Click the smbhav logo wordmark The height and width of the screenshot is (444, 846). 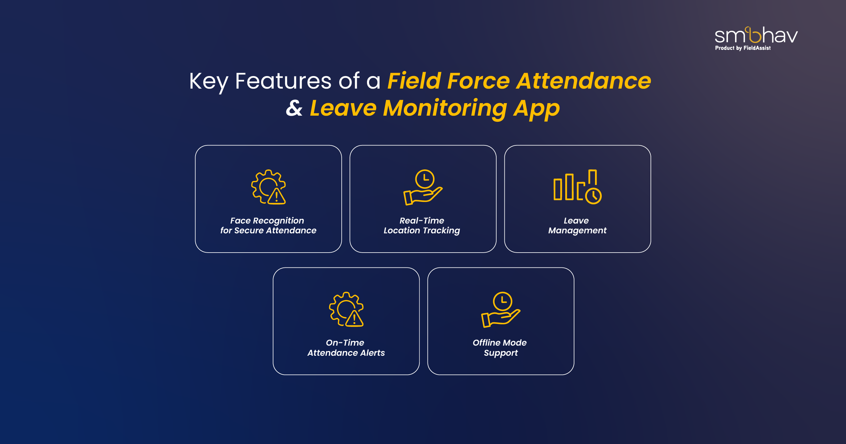(756, 35)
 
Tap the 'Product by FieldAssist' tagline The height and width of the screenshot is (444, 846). (743, 48)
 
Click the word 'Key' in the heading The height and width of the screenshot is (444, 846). (209, 81)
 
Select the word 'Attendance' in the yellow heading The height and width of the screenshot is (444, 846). (584, 81)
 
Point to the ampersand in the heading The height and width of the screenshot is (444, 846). (294, 108)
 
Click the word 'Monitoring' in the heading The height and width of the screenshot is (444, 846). (445, 109)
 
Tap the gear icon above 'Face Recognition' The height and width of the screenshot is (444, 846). (268, 187)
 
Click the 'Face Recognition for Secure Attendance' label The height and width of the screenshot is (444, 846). (268, 226)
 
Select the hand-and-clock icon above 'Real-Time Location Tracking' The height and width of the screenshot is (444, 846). (423, 187)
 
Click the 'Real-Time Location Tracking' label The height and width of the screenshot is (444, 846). (422, 226)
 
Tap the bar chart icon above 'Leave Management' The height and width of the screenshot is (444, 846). (577, 187)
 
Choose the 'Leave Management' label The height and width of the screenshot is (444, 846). (577, 226)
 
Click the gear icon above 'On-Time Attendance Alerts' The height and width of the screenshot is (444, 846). (346, 309)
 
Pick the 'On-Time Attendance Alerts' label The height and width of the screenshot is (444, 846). (346, 348)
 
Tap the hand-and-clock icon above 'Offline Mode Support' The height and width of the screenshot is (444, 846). (501, 310)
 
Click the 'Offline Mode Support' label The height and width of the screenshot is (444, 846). (500, 348)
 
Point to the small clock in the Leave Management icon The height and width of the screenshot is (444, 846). (594, 196)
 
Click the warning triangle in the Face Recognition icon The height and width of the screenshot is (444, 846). (277, 196)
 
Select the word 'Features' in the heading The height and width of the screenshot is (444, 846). (283, 81)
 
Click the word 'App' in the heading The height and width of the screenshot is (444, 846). (537, 109)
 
